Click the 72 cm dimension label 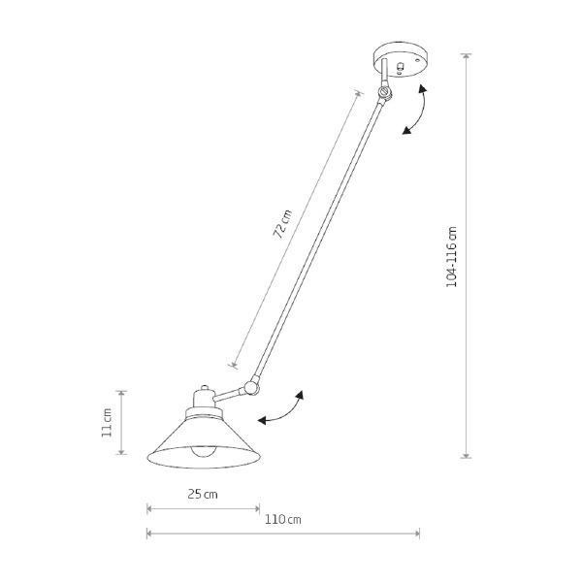(283, 224)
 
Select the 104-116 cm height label (452, 256)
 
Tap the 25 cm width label (203, 494)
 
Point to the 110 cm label (283, 519)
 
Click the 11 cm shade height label (107, 422)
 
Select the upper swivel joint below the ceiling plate (384, 92)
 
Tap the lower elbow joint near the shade (251, 387)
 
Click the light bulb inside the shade (203, 451)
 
